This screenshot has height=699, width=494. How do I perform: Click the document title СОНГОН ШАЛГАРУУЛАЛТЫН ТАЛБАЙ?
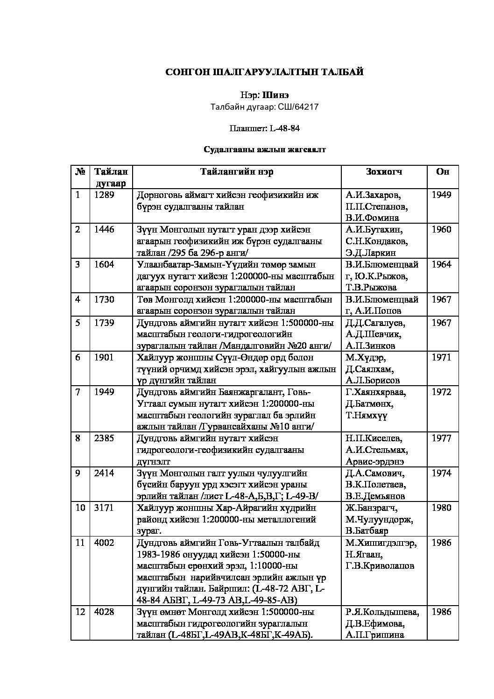pos(265,72)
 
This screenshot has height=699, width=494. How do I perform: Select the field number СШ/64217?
pos(298,107)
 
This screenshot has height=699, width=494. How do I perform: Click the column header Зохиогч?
pos(384,171)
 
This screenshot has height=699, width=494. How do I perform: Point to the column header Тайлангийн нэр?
pos(237,171)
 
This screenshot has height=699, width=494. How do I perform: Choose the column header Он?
pos(442,171)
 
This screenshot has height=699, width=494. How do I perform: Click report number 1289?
pos(104,195)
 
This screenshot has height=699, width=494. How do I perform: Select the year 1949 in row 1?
pos(441,195)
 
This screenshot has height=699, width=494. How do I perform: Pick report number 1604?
pos(104,264)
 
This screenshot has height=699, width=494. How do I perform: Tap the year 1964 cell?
pos(441,264)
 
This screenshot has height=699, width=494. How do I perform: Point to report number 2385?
pos(104,438)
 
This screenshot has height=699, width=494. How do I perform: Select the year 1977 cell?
pos(441,438)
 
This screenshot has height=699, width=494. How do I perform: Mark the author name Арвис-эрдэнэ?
pos(375,461)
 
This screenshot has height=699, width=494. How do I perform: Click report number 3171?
pos(104,508)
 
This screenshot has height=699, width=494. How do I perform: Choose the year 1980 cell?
pos(441,508)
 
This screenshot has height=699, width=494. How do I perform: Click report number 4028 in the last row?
pos(104,612)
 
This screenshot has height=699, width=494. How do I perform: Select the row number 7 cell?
pos(78,392)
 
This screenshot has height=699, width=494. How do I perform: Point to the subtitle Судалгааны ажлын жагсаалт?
pos(264,149)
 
